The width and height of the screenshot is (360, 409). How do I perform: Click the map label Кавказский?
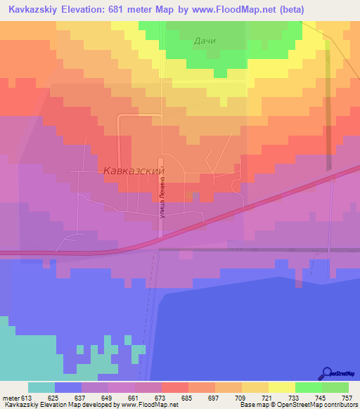tap(134, 171)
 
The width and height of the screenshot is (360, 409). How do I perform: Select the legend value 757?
tap(347, 397)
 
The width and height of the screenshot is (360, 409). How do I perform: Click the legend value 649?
tap(108, 397)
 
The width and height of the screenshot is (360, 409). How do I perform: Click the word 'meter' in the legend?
tap(11, 397)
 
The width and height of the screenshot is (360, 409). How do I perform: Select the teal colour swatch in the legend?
tap(41, 387)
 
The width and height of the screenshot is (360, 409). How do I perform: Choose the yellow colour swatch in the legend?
tap(281, 387)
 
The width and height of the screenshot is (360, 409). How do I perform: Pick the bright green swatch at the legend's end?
tap(335, 387)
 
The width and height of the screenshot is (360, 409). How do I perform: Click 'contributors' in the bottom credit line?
tap(340, 405)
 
